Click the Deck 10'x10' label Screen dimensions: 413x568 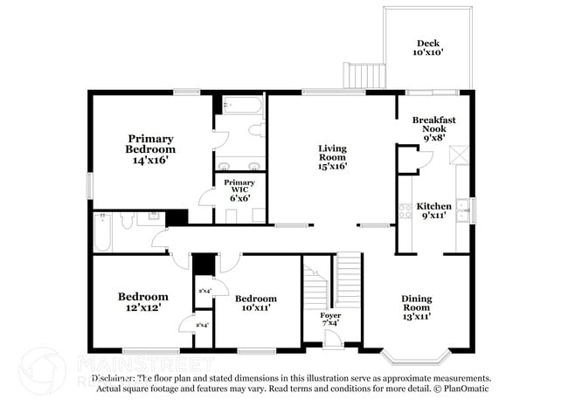click(428, 47)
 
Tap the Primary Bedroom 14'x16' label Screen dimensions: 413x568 click(150, 149)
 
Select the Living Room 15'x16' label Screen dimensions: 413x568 click(332, 157)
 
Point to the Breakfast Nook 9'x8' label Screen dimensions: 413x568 click(433, 127)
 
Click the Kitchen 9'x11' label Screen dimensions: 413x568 click(433, 210)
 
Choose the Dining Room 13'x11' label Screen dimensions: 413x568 click(416, 307)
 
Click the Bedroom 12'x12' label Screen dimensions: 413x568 click(142, 301)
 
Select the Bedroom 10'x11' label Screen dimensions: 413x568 click(256, 302)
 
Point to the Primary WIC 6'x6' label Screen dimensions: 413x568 click(239, 190)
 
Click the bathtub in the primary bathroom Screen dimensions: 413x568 click(240, 107)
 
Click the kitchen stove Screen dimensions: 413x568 click(405, 210)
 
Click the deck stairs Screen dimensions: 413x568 click(360, 77)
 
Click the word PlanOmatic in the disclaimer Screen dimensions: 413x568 click(470, 388)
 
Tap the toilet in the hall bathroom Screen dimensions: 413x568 click(128, 222)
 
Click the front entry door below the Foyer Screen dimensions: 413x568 click(333, 341)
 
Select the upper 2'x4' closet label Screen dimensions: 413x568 click(203, 290)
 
